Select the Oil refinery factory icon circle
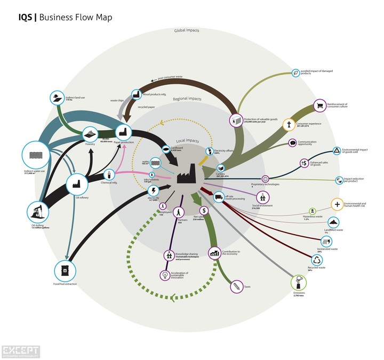(x=76, y=184)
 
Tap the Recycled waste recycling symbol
(x=317, y=260)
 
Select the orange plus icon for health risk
(x=337, y=205)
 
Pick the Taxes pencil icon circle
(x=235, y=287)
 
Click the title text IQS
(x=25, y=18)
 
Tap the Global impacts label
(x=186, y=31)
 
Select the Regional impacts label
(x=187, y=99)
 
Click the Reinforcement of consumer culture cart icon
(x=319, y=106)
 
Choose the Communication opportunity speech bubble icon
(x=292, y=143)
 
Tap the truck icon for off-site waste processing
(x=219, y=197)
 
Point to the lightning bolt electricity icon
(x=154, y=190)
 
